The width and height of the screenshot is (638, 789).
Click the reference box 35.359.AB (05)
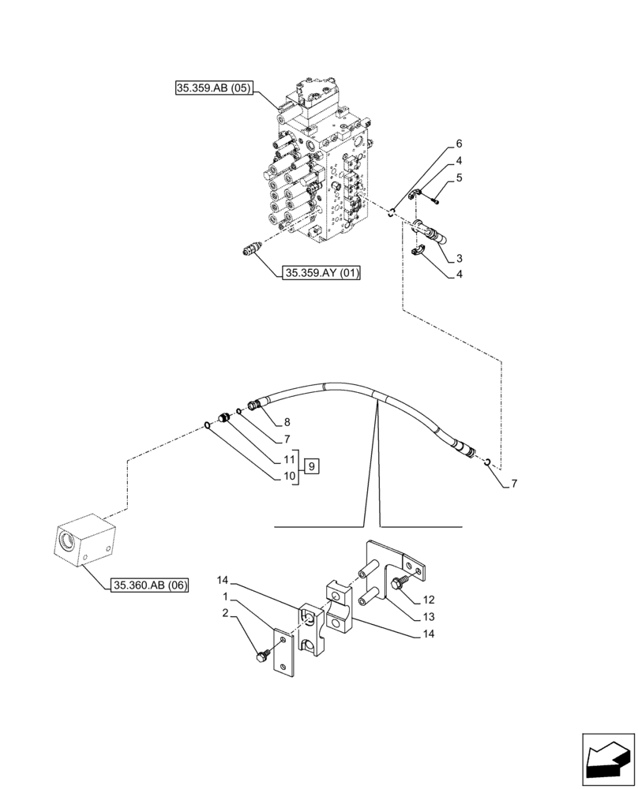click(x=213, y=89)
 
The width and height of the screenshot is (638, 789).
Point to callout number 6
click(x=458, y=144)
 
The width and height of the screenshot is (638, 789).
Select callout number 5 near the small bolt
click(x=459, y=178)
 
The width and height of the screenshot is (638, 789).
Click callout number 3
click(x=458, y=258)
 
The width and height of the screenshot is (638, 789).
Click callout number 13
click(x=451, y=617)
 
